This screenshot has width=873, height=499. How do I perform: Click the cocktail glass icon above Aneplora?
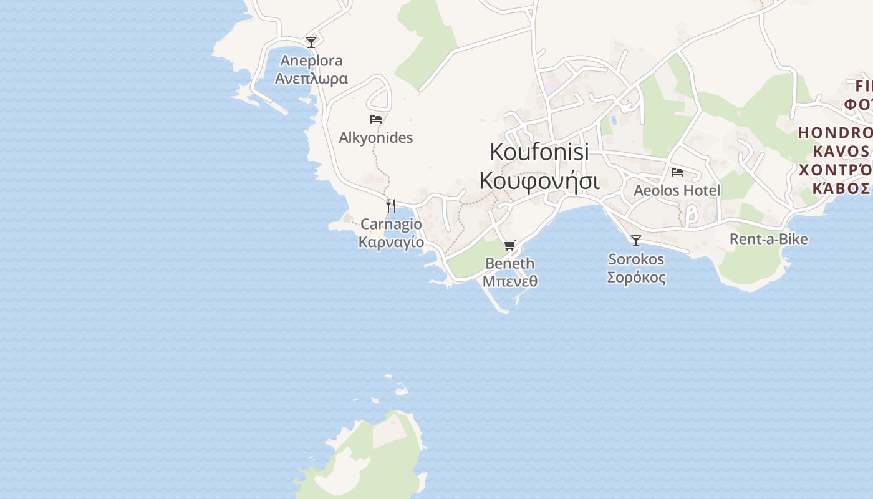(311, 42)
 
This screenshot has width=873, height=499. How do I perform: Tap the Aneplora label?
(311, 61)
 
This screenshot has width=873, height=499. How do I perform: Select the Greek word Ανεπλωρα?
(311, 79)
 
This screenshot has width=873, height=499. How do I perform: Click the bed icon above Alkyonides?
(375, 119)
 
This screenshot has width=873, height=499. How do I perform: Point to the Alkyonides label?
(375, 137)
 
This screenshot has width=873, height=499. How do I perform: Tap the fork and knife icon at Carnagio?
(391, 205)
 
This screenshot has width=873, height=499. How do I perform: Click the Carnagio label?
(391, 224)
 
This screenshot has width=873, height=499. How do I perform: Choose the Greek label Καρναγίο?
(391, 242)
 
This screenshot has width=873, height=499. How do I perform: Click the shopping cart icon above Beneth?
(510, 245)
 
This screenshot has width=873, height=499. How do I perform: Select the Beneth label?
(509, 263)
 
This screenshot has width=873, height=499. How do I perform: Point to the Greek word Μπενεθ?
(509, 281)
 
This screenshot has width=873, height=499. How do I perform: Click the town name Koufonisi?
(539, 152)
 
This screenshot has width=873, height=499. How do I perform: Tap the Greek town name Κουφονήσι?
(539, 180)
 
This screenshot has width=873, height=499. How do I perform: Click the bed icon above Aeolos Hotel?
(677, 172)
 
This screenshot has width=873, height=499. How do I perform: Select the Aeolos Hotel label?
(677, 190)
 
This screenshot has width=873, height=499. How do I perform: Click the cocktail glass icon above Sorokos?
(636, 240)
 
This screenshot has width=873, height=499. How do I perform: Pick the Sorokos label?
(636, 259)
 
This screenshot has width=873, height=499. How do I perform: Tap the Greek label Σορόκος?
(636, 278)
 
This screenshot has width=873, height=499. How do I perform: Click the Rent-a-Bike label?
(768, 239)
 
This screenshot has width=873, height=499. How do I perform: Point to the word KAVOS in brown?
(841, 152)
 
